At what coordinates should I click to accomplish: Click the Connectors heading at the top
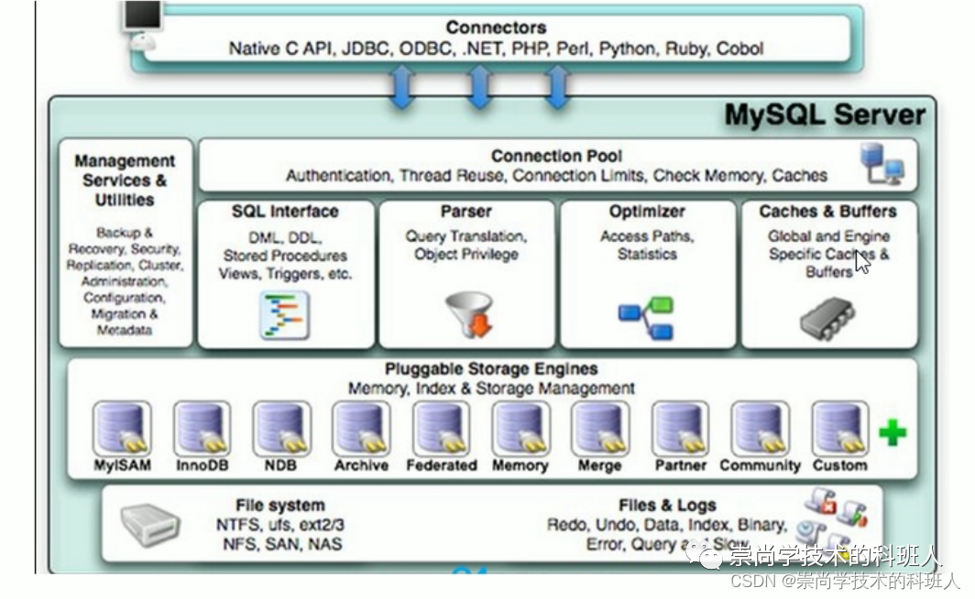click(495, 27)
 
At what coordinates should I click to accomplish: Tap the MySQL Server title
click(825, 115)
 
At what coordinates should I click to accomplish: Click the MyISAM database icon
click(123, 428)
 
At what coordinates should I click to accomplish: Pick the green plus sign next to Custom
click(892, 432)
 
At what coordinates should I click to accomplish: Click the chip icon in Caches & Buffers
click(827, 318)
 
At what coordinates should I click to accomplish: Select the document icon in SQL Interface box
click(285, 314)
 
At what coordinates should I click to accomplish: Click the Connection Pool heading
click(556, 156)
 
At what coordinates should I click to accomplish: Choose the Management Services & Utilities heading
click(125, 180)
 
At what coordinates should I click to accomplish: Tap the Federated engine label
click(442, 465)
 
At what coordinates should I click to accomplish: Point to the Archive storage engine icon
click(361, 428)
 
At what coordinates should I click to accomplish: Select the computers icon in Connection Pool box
click(882, 164)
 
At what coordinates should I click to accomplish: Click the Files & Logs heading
click(666, 505)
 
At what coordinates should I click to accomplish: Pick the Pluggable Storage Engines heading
click(491, 369)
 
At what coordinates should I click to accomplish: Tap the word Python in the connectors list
click(628, 49)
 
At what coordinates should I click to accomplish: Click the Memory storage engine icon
click(520, 428)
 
